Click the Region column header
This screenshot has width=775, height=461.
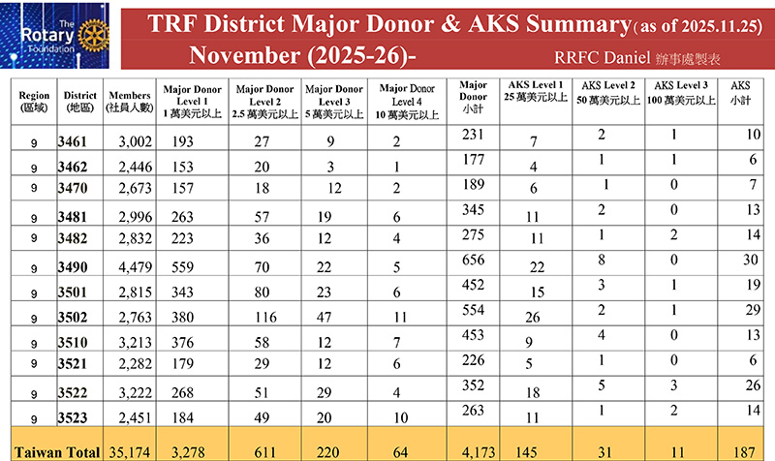coord(34,101)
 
